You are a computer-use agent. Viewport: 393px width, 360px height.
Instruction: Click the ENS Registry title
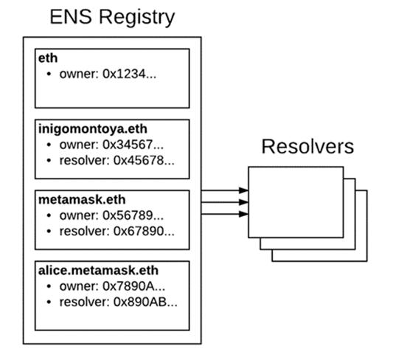point(112,17)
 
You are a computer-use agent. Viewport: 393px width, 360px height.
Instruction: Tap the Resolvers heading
point(307,146)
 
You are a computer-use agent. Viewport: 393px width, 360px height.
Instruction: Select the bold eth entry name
point(48,58)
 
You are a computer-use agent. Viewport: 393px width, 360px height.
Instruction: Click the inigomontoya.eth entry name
point(93,129)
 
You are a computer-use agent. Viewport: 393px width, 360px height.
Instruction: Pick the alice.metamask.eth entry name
point(98,271)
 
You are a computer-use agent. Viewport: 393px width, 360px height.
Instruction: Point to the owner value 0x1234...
point(129,74)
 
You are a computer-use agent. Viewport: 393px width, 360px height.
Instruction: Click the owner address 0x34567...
point(133,145)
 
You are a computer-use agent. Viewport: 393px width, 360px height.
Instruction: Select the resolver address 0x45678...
point(144,160)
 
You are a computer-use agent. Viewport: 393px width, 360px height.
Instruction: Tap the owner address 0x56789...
point(133,215)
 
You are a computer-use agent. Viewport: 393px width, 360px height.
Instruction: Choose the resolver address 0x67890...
point(144,231)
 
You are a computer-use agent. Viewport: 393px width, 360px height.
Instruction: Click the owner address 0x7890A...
point(134,286)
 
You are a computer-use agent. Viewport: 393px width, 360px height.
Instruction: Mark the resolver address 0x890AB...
point(145,302)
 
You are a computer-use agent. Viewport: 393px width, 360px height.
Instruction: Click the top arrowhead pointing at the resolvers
point(243,190)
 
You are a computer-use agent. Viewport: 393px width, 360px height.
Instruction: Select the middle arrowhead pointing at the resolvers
point(243,202)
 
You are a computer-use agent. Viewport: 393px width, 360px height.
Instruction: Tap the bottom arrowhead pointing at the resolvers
point(243,214)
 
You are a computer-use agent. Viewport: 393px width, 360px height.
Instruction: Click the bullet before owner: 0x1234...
point(49,74)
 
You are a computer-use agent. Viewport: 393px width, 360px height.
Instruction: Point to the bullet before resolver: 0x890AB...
point(49,302)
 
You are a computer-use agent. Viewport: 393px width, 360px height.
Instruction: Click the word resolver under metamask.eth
point(85,231)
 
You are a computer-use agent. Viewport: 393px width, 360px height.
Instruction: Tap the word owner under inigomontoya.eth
point(79,145)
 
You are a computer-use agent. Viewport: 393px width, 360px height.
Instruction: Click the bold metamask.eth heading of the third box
point(82,200)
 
